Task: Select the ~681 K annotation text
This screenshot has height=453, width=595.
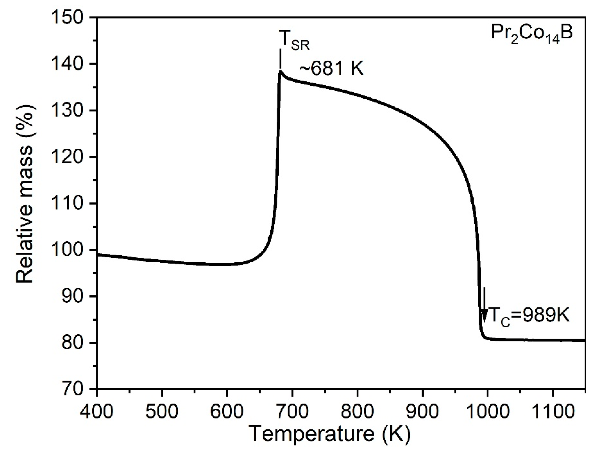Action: click(331, 69)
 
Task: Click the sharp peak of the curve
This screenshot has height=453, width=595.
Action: click(280, 71)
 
